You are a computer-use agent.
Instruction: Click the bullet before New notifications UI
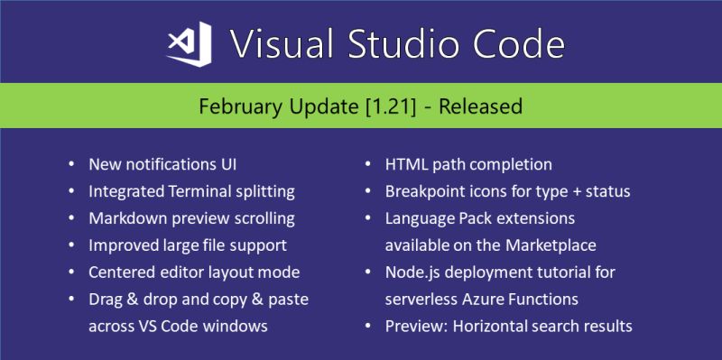[71, 165]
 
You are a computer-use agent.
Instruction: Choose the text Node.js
[412, 272]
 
